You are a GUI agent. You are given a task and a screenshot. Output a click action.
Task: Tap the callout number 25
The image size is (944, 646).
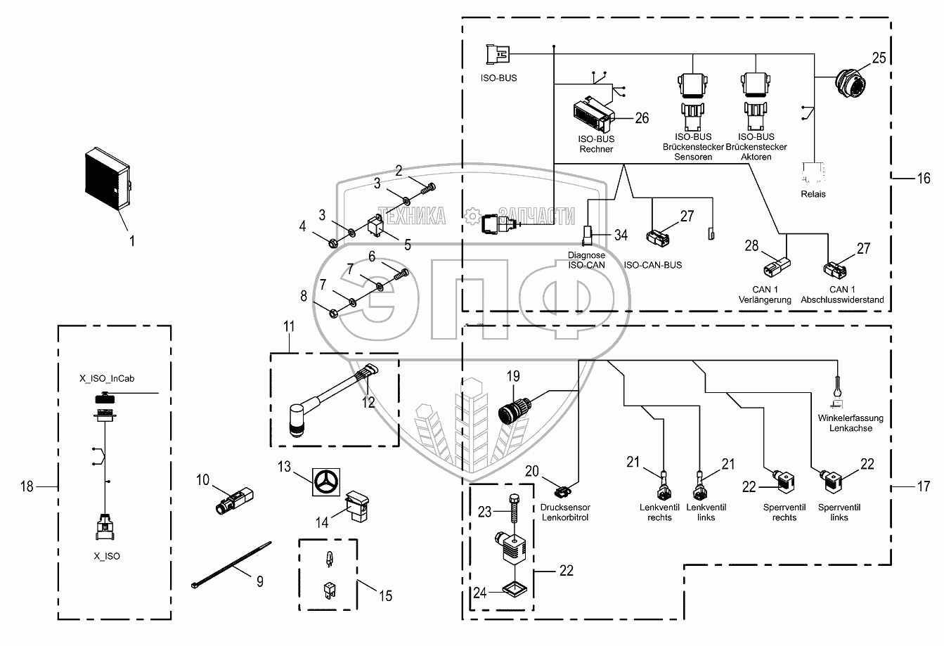click(879, 58)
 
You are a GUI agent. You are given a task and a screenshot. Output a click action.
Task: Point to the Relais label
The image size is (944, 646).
click(813, 194)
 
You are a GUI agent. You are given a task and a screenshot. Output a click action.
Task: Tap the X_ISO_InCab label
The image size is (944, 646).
click(107, 378)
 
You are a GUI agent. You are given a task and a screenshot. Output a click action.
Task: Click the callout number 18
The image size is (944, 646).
click(27, 486)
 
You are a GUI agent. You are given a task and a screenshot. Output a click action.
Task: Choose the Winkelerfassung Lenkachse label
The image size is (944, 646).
click(851, 423)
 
